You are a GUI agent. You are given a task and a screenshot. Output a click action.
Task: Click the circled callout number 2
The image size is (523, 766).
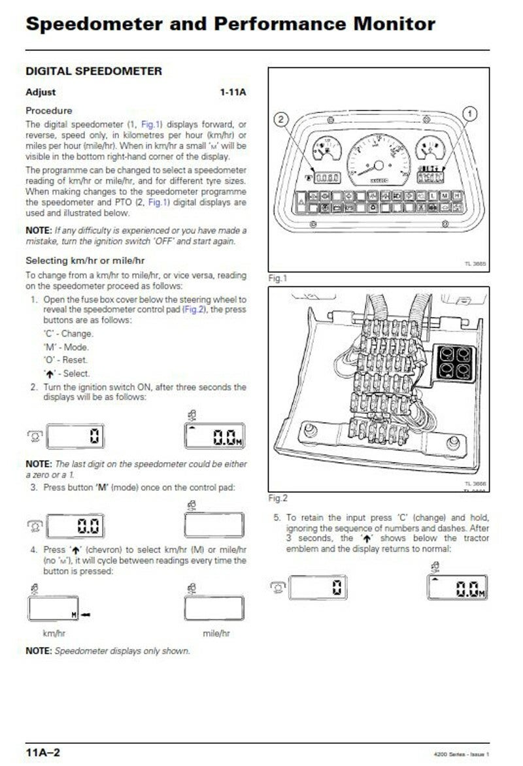pyautogui.click(x=280, y=119)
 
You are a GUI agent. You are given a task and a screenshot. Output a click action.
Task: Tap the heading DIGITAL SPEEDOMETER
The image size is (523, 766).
pyautogui.click(x=93, y=71)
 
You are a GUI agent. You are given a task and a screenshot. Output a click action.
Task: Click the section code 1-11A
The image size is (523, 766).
pyautogui.click(x=233, y=92)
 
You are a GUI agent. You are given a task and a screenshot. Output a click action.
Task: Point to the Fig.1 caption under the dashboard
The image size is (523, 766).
pyautogui.click(x=278, y=278)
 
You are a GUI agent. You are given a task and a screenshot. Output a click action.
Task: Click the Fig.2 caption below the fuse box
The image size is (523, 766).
pyautogui.click(x=278, y=498)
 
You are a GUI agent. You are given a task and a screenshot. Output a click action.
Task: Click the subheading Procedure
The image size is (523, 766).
pyautogui.click(x=48, y=110)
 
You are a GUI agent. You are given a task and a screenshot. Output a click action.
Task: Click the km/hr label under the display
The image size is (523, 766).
pyautogui.click(x=54, y=633)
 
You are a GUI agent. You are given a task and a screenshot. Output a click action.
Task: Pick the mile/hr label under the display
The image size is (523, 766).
pyautogui.click(x=216, y=633)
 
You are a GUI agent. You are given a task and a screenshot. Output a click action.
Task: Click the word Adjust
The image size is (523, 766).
pyautogui.click(x=41, y=92)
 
